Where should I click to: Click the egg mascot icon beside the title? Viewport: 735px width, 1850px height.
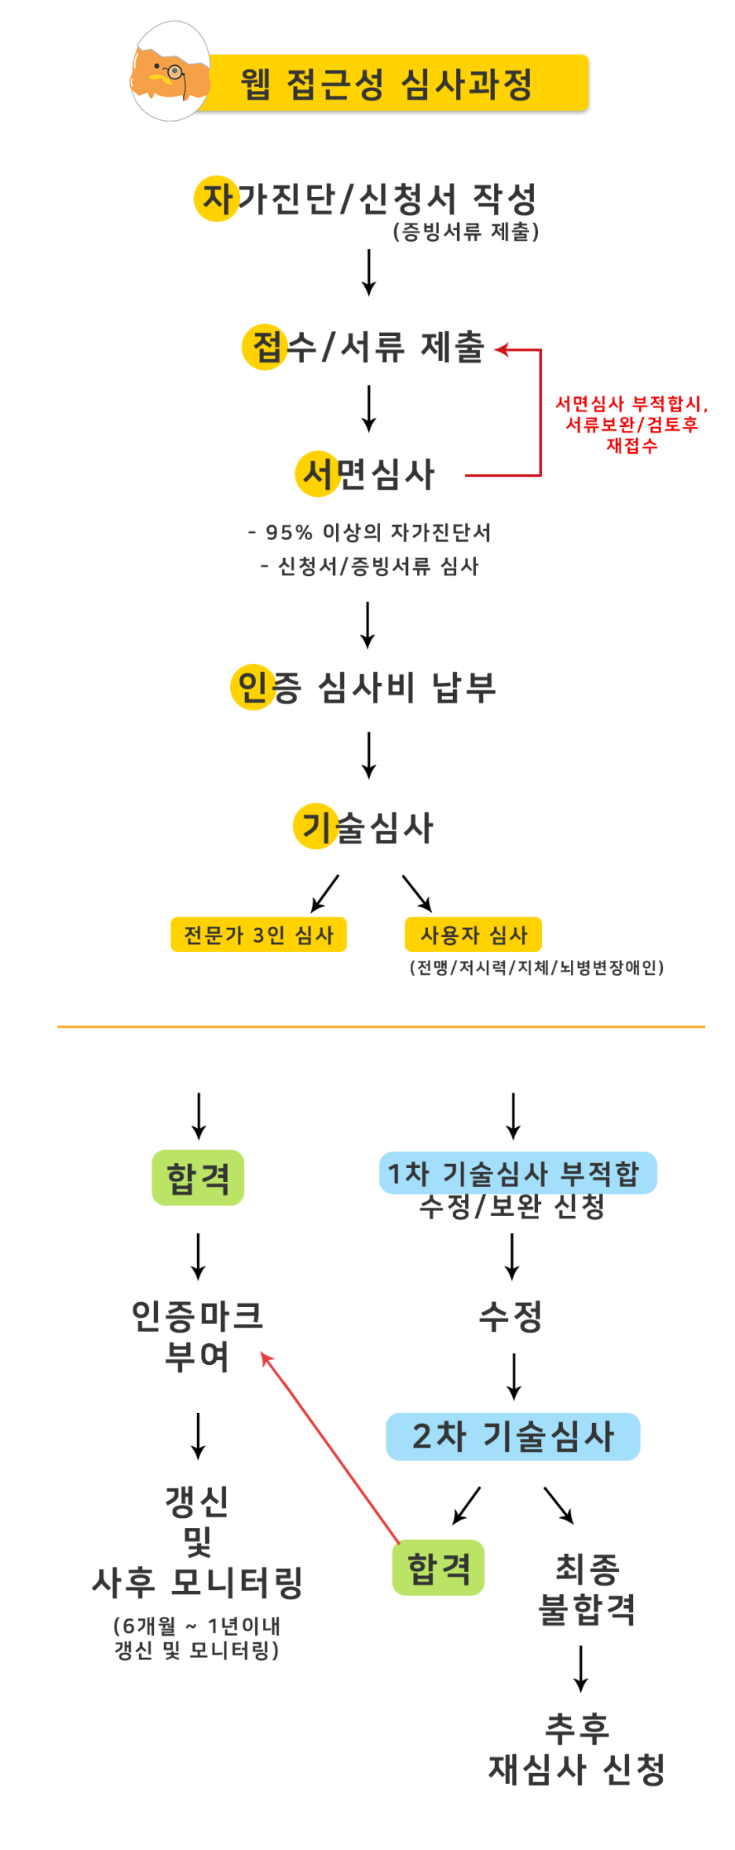pos(170,72)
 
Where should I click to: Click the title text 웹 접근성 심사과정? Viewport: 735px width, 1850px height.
pos(386,84)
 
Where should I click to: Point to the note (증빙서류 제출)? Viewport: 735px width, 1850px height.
pos(466,232)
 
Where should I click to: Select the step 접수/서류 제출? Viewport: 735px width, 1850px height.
pos(365,347)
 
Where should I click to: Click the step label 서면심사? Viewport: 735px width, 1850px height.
pos(366,474)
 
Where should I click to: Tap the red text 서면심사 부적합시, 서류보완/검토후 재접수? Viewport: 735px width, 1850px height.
pos(631,424)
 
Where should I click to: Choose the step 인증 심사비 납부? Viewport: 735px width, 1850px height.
pos(364,688)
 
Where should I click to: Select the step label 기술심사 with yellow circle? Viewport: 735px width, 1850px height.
pos(364,827)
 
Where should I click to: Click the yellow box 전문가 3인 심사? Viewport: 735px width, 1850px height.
pos(258,935)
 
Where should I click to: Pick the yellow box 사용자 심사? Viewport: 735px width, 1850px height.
pos(474,935)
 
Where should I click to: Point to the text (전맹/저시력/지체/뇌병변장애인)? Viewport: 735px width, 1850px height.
pos(536,968)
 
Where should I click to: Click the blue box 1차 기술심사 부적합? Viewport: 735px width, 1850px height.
pos(517,1173)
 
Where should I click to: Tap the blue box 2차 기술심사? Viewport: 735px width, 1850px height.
pos(513,1436)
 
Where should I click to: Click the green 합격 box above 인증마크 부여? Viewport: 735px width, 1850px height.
pos(198,1177)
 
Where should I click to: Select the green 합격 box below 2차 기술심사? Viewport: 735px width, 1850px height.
pos(438,1567)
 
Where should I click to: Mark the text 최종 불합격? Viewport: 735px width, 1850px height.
pos(587,1589)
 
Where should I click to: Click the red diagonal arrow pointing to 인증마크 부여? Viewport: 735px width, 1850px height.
pos(330,1447)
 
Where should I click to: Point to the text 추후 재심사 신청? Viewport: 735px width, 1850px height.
pos(577,1749)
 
